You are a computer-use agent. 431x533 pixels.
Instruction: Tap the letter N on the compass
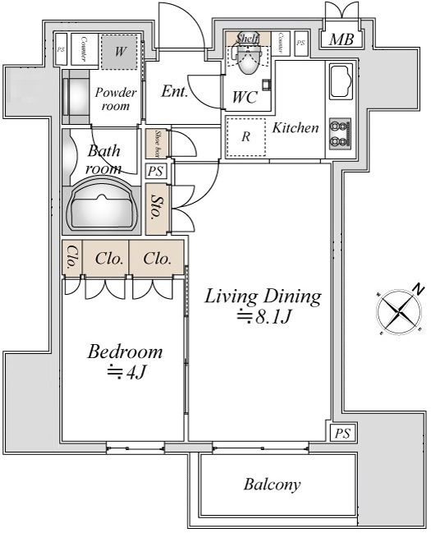(419, 289)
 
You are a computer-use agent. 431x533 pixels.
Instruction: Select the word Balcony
(272, 484)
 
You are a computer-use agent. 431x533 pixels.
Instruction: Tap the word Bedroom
(125, 352)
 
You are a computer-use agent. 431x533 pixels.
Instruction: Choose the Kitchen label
(296, 128)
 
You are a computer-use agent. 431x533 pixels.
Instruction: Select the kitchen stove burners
(339, 133)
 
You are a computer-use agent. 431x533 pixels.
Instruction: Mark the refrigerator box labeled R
(245, 137)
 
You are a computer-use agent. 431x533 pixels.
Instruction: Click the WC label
(245, 97)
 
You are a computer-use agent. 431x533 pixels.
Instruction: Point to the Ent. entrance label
(174, 91)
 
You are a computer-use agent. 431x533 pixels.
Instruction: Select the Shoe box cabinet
(153, 144)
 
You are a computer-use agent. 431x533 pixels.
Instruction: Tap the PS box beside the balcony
(342, 433)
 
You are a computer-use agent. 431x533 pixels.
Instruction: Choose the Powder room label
(116, 99)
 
